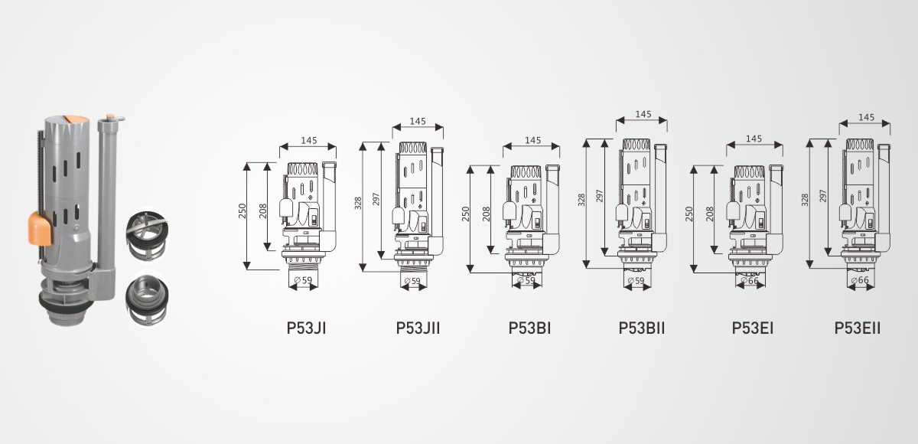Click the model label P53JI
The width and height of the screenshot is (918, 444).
[x=306, y=328]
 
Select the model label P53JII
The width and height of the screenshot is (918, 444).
[x=418, y=328]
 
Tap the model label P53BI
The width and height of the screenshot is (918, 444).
[x=529, y=328]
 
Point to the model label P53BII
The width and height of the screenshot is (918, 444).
[x=641, y=328]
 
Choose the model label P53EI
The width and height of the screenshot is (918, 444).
[x=753, y=328]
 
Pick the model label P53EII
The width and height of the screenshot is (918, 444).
[x=858, y=328]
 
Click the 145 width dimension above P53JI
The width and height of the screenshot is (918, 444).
[x=308, y=141]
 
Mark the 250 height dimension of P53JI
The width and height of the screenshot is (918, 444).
[x=243, y=211]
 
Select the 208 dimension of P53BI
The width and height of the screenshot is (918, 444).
[x=486, y=214]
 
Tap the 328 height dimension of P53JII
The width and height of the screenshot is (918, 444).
[x=358, y=204]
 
